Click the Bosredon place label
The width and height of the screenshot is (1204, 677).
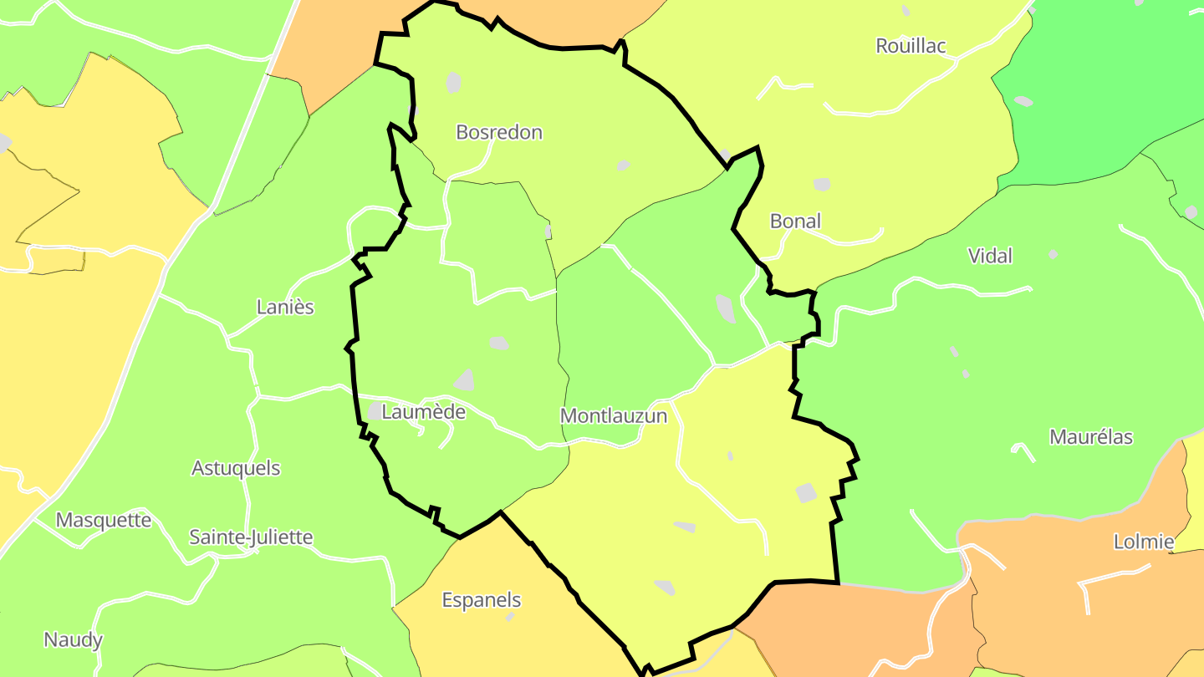(x=499, y=132)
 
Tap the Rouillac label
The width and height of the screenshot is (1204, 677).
(x=911, y=46)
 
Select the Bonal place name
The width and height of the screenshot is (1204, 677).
(x=795, y=221)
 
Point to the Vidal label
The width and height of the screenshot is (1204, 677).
(x=989, y=256)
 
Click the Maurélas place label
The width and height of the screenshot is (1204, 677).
(x=1090, y=437)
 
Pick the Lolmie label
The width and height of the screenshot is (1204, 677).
(x=1143, y=542)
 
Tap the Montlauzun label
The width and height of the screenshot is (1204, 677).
(x=614, y=415)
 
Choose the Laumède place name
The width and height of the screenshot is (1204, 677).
(x=423, y=412)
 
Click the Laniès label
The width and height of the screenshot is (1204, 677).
(x=285, y=307)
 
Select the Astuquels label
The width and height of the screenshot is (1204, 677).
(x=236, y=468)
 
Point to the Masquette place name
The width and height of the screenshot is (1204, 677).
(x=104, y=520)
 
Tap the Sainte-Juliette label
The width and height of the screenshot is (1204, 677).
(x=251, y=537)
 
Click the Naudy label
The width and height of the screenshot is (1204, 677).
(x=73, y=640)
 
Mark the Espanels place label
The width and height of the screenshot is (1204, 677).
(x=481, y=600)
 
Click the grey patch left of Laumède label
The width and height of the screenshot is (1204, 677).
(x=375, y=411)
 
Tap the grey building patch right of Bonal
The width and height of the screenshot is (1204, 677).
(x=822, y=184)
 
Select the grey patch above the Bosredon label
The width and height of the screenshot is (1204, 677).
(x=453, y=82)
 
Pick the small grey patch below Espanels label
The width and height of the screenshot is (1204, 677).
(x=510, y=617)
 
